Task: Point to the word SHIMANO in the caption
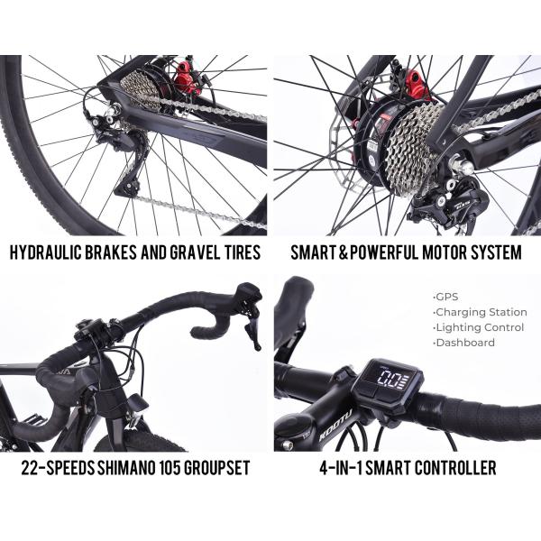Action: tap(125, 468)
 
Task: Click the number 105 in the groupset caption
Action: tap(170, 468)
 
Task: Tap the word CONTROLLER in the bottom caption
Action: tap(455, 468)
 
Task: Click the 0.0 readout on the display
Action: tap(390, 381)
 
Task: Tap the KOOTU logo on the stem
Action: tap(335, 426)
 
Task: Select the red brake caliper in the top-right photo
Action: tap(417, 85)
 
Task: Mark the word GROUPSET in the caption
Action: tap(217, 468)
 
